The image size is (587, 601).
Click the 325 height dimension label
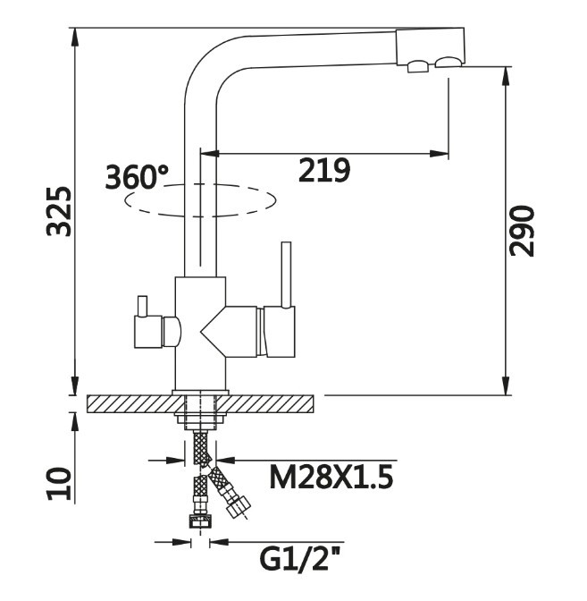coord(59,212)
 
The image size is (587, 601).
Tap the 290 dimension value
coord(522,231)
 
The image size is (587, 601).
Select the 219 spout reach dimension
coord(324,169)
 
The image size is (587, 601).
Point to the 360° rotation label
coord(136,176)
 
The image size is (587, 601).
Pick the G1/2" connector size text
coord(301,559)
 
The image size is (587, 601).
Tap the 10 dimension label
coord(59,484)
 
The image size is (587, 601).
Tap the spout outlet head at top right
coord(431,47)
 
